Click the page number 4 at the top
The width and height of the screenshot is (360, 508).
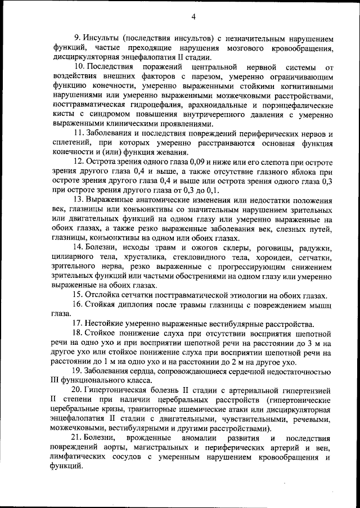[193, 17]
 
